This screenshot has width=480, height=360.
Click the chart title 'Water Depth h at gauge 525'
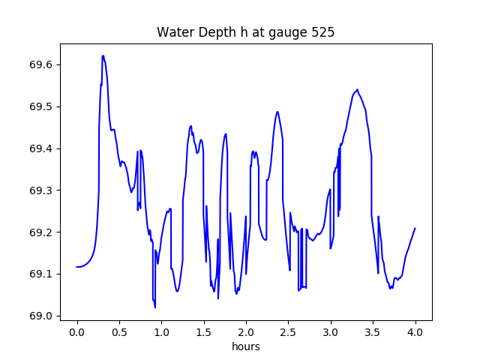click(x=245, y=33)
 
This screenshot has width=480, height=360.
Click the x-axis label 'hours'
click(x=246, y=347)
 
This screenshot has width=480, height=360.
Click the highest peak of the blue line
click(x=103, y=55)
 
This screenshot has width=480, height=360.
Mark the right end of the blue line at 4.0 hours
click(x=415, y=228)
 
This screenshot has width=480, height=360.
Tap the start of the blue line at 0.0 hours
click(x=76, y=267)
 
